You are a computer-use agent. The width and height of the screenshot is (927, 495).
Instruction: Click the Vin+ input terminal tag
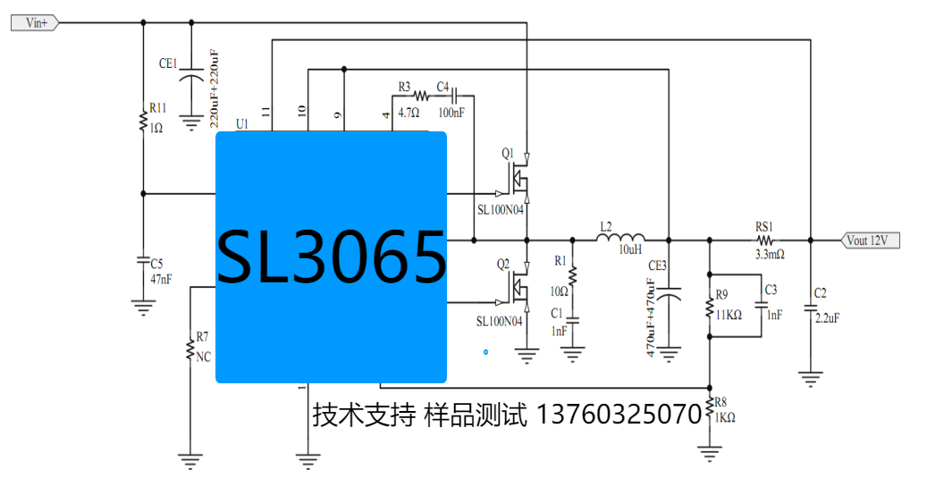35,23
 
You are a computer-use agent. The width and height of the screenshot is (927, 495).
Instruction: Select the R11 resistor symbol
143,120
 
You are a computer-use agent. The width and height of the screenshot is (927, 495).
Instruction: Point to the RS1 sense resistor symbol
765,239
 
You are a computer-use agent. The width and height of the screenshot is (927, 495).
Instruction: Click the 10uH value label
631,251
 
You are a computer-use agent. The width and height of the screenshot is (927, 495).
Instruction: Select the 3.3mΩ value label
769,255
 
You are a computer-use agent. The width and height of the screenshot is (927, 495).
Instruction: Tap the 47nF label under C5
161,279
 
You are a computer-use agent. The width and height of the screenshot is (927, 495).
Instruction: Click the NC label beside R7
203,356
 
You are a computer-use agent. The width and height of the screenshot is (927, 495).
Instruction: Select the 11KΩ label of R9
729,314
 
